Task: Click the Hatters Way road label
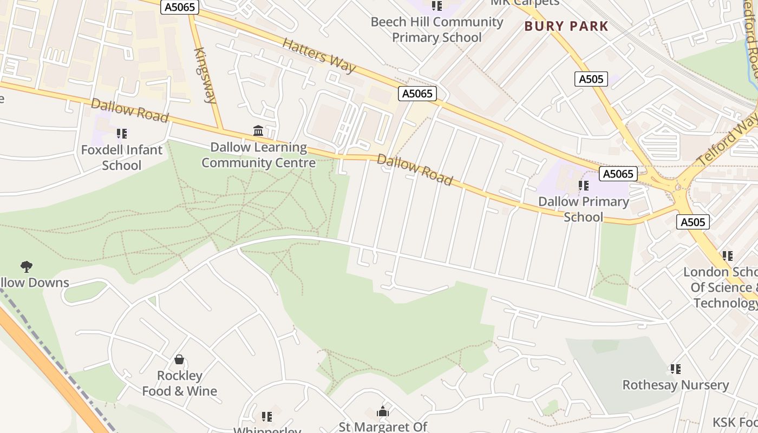click(319, 55)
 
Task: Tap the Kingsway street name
click(205, 75)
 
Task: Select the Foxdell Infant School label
click(122, 158)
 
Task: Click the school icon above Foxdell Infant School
click(122, 133)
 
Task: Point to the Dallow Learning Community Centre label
click(258, 155)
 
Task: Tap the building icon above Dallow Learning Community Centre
click(258, 131)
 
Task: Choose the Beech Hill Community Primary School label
click(437, 30)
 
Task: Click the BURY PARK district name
click(566, 26)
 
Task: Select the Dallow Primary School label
click(583, 209)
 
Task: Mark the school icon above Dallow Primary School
click(583, 186)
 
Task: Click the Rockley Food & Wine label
click(179, 383)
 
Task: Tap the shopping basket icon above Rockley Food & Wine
click(179, 359)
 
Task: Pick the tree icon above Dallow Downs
click(26, 266)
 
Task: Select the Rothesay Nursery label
click(675, 385)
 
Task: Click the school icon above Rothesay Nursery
click(675, 369)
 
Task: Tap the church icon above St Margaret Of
click(383, 412)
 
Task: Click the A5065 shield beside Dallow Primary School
click(618, 174)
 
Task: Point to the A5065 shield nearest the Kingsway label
click(180, 7)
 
